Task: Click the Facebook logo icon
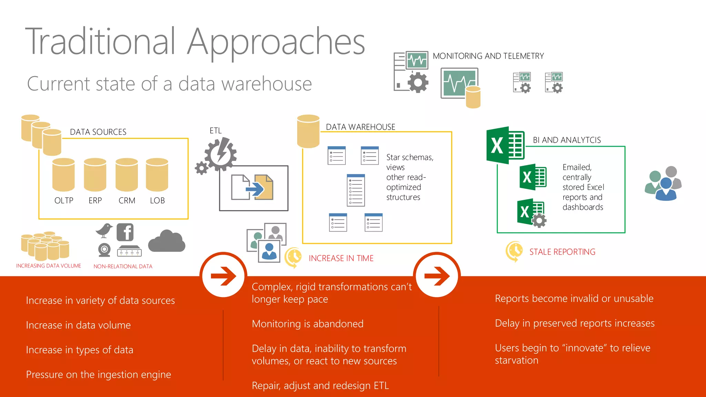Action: [125, 232]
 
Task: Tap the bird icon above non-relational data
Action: [104, 231]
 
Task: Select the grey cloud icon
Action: [167, 241]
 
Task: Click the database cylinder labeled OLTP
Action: [63, 175]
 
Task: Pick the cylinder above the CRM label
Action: [127, 175]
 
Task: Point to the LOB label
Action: [157, 201]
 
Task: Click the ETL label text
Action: [215, 131]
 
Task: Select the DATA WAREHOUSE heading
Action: [361, 127]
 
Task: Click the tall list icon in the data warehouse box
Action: [356, 190]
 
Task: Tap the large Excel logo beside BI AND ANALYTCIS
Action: [505, 145]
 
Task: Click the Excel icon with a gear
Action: [531, 213]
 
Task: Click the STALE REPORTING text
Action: [562, 252]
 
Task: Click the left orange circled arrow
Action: [223, 276]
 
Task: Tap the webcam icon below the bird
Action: [104, 250]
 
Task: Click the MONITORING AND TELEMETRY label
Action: [488, 56]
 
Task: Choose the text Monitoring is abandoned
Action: [307, 324]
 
